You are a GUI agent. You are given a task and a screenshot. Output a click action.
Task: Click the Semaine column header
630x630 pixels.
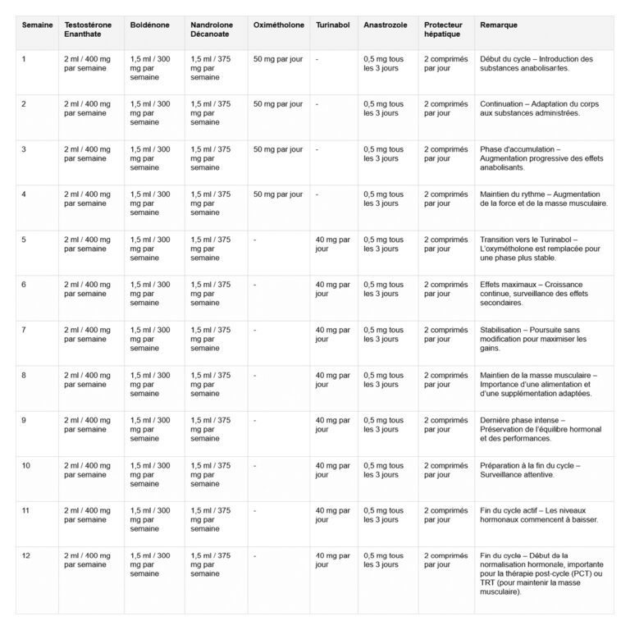point(36,25)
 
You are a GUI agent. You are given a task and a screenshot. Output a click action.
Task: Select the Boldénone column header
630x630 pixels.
point(149,25)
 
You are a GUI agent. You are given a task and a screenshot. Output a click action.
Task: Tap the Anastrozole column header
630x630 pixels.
point(384,25)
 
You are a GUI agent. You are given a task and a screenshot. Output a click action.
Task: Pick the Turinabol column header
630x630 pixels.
point(332,25)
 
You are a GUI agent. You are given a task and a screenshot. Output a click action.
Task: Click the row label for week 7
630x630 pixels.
point(25,330)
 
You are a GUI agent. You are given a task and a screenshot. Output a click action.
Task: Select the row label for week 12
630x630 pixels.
point(26,555)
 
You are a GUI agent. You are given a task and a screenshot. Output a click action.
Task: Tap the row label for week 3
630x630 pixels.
point(25,149)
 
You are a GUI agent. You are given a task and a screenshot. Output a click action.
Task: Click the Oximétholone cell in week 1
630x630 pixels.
point(278,59)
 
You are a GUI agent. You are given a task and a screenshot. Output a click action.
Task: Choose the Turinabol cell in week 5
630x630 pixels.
point(332,244)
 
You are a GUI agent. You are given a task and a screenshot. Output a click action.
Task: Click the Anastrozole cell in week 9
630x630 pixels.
point(383,425)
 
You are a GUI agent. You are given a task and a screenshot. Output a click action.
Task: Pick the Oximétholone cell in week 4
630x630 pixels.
point(278,194)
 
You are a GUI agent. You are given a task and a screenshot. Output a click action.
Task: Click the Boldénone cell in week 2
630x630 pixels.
point(150,113)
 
